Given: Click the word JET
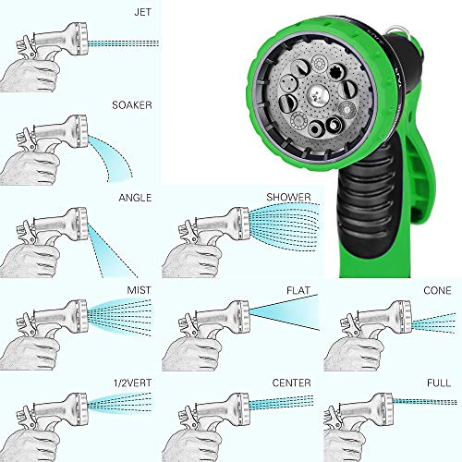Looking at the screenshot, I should tap(140, 10).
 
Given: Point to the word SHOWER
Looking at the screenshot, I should tap(287, 197).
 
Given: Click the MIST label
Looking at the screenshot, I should tap(140, 290).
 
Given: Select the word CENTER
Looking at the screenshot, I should tap(292, 383).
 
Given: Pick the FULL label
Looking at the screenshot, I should tap(441, 383).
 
